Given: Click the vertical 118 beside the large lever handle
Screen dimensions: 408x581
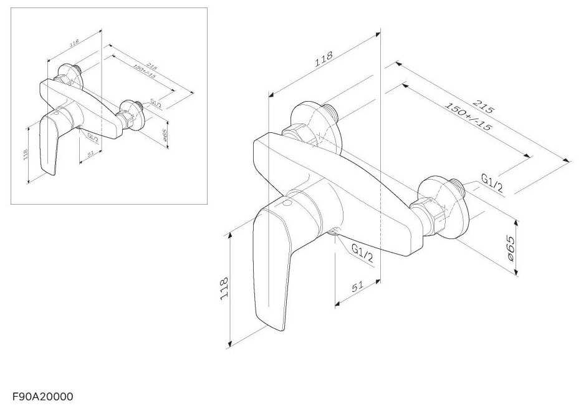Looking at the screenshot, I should pyautogui.click(x=224, y=289).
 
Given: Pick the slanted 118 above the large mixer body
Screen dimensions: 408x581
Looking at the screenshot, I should pyautogui.click(x=323, y=59).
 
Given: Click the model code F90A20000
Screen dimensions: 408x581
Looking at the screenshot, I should pyautogui.click(x=42, y=396).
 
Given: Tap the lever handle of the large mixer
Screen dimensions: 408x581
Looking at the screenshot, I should pyautogui.click(x=272, y=268).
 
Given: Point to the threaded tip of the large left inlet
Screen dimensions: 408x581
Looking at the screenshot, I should pyautogui.click(x=335, y=112).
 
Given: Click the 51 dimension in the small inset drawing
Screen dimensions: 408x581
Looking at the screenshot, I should pyautogui.click(x=90, y=153).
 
